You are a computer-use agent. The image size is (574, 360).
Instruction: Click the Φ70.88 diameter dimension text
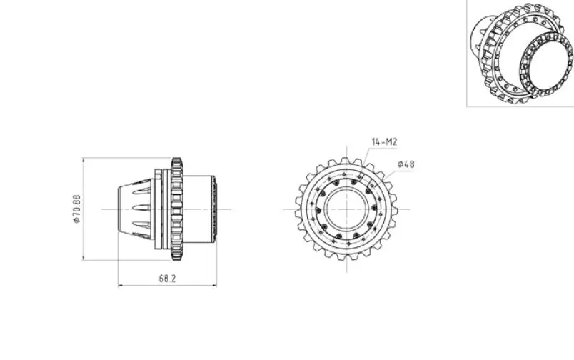(76, 209)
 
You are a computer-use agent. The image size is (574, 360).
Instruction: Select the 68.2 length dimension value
(167, 279)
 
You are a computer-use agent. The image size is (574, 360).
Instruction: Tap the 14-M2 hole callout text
(384, 141)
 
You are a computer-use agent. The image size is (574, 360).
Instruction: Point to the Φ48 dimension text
(406, 164)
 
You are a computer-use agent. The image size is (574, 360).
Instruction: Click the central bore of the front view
(346, 209)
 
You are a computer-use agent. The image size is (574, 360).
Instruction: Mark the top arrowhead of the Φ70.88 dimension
(84, 160)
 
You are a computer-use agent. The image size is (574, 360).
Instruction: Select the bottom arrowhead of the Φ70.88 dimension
(84, 258)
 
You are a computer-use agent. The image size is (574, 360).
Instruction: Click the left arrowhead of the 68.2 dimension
(121, 285)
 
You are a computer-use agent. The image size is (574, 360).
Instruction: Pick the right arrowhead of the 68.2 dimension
(214, 285)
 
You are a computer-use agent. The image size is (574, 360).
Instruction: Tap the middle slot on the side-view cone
(141, 208)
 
